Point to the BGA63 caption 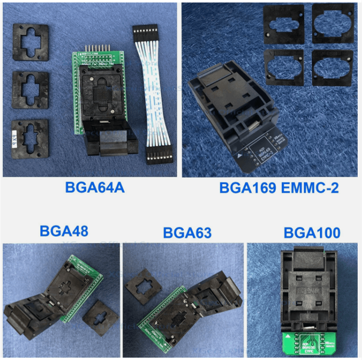[x=187, y=233]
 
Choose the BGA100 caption [x=312, y=233]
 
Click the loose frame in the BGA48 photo [x=100, y=318]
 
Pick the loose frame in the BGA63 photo [x=143, y=284]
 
